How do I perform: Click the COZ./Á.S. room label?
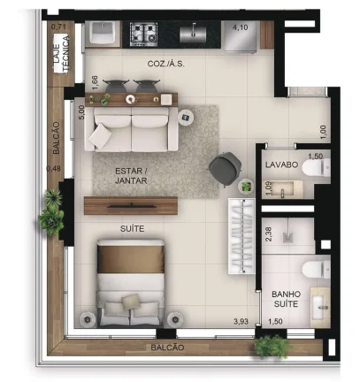click(166, 64)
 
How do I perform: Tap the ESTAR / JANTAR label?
click(131, 176)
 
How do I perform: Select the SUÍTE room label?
click(132, 228)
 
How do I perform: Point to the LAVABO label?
click(281, 164)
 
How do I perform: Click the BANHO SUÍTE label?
click(286, 299)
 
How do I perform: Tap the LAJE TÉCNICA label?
click(61, 53)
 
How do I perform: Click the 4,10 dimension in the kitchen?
click(240, 27)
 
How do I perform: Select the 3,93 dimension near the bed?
click(241, 322)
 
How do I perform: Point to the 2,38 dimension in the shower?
click(269, 234)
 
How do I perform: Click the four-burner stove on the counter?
click(143, 34)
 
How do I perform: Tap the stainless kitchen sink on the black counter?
click(193, 34)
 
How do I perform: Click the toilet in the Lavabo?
click(317, 167)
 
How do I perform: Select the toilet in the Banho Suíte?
click(316, 270)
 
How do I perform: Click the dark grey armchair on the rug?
click(226, 169)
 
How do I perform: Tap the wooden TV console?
click(131, 205)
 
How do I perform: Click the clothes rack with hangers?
click(241, 236)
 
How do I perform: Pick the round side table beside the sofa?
click(186, 118)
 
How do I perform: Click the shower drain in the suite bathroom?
click(288, 238)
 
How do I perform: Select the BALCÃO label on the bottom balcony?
click(167, 348)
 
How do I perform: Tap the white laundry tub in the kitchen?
click(103, 34)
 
